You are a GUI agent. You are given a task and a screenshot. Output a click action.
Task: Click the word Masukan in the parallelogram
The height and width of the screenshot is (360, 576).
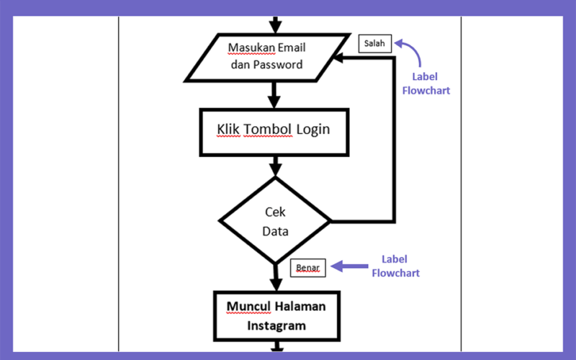(251, 48)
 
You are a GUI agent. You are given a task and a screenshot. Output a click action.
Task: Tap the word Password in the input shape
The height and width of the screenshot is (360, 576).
(278, 65)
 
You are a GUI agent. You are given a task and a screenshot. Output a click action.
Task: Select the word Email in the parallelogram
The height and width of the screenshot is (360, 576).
(292, 48)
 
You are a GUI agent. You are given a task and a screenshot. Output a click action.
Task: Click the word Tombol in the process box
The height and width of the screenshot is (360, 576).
(268, 129)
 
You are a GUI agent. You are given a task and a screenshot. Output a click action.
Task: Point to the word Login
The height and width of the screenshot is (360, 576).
(313, 130)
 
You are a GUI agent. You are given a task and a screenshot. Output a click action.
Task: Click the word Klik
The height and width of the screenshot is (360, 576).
(228, 129)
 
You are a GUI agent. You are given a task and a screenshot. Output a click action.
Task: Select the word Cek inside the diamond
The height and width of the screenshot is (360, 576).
(275, 212)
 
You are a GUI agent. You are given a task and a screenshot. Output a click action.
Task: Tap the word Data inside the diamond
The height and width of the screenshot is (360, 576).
(275, 231)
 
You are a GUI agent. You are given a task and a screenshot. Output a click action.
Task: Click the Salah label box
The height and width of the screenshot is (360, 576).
(375, 43)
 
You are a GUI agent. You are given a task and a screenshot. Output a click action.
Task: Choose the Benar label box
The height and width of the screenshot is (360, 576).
(308, 268)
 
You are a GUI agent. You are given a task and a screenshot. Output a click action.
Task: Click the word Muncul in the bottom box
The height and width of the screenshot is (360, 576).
(248, 307)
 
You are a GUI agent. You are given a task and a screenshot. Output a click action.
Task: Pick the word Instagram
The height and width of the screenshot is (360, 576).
(276, 326)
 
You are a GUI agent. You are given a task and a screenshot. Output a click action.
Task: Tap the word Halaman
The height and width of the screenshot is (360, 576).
(300, 307)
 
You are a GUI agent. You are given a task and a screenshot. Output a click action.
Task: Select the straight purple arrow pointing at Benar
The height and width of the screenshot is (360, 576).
(349, 266)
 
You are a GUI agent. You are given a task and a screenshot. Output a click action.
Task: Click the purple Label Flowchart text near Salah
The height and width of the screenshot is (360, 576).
(426, 84)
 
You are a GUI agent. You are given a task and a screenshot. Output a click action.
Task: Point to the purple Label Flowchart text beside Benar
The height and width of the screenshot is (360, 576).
(395, 266)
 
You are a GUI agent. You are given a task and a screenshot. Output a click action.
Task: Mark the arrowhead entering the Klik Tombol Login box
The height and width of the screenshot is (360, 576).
(274, 102)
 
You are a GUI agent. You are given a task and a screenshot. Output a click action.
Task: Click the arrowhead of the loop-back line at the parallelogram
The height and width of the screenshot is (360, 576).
(338, 58)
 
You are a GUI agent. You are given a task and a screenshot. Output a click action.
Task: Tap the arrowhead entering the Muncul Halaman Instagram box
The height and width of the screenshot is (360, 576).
(276, 284)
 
